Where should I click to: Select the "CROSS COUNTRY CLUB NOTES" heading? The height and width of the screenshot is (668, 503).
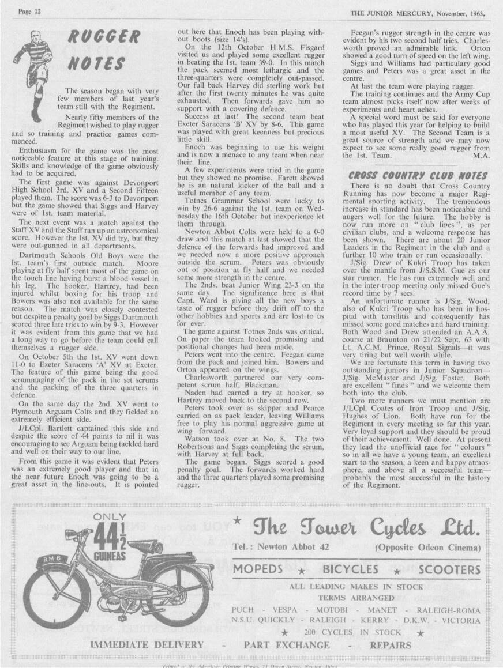(x=418, y=175)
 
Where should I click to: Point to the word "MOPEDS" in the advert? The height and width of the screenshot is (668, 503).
(x=258, y=570)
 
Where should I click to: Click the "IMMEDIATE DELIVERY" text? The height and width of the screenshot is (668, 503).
(x=147, y=644)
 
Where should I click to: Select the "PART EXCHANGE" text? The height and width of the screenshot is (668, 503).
(x=287, y=644)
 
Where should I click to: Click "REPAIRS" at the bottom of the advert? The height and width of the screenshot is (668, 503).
(x=391, y=644)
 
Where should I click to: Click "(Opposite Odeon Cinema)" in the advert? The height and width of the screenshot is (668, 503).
(x=427, y=547)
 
